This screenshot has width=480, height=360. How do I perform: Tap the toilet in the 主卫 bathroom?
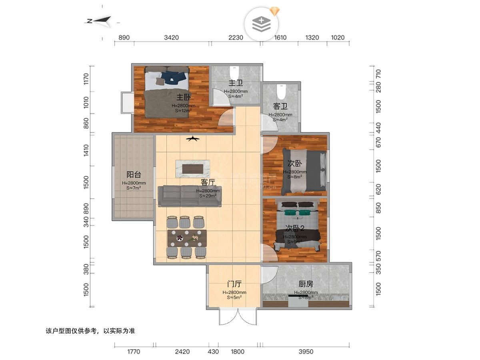[234, 73]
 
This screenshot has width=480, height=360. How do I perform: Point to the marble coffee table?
[192, 168]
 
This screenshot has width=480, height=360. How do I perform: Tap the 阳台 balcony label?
[134, 175]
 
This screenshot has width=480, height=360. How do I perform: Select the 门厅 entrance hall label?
[234, 284]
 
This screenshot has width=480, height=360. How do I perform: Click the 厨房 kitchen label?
[306, 284]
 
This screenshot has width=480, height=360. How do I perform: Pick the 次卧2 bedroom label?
[295, 228]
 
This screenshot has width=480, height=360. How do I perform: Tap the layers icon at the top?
[261, 24]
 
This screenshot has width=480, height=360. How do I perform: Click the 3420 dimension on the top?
[171, 38]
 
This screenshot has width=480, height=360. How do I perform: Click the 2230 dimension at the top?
[236, 38]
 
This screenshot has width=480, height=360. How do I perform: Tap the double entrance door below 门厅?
[237, 317]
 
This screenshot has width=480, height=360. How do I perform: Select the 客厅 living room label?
[208, 182]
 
